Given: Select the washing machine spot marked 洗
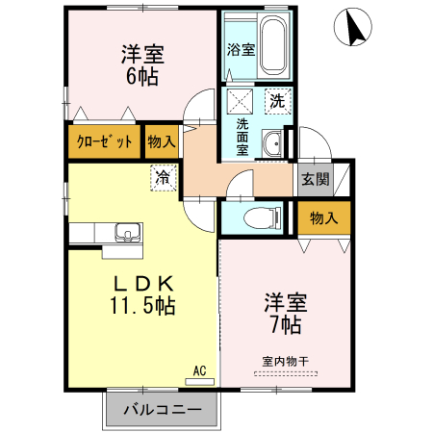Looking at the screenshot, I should [x=276, y=99].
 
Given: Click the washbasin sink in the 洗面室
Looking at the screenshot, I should [x=275, y=143].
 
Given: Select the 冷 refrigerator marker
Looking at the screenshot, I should [x=164, y=177].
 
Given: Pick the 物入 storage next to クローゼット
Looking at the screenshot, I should [x=162, y=140].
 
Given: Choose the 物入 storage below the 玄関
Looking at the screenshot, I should [x=323, y=217].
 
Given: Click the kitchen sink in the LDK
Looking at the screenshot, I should [x=126, y=233].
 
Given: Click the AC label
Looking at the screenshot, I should [x=200, y=369].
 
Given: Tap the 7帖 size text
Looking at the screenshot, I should [x=285, y=324].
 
